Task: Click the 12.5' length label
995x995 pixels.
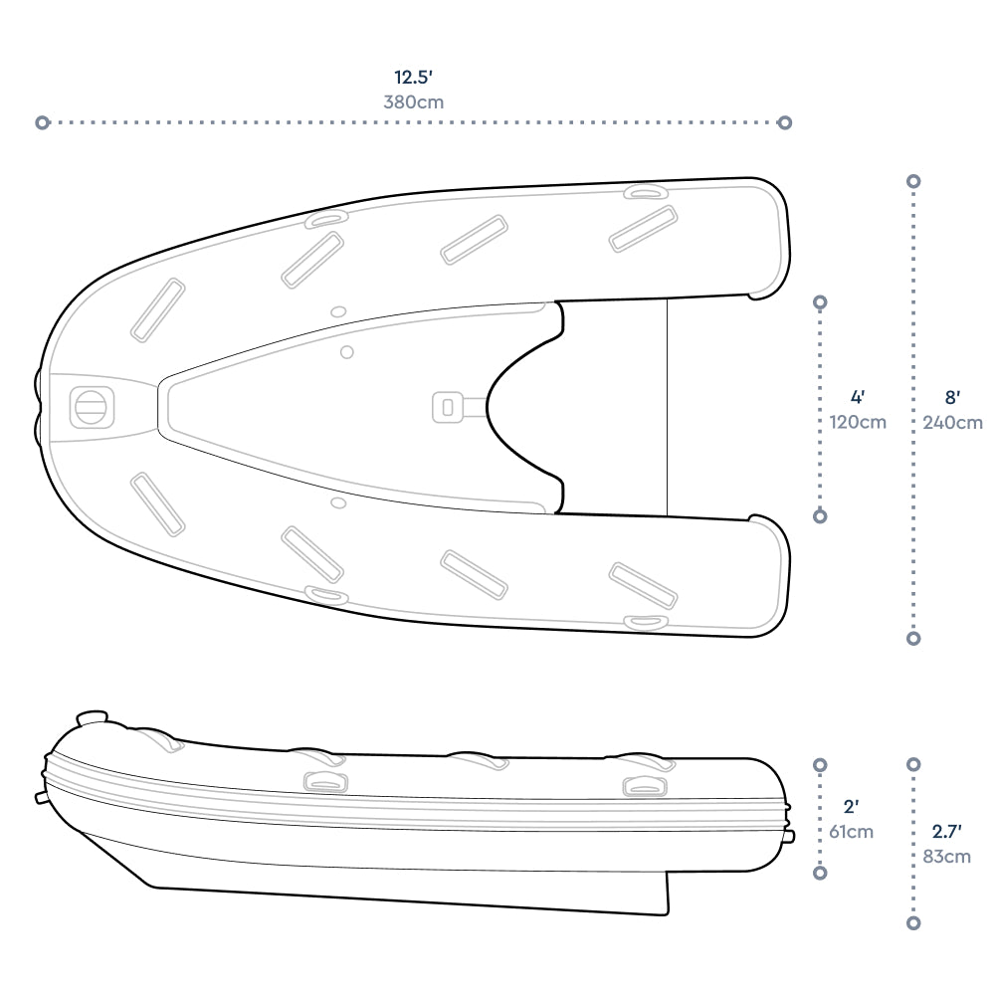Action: point(414,77)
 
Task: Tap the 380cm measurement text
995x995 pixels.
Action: point(414,101)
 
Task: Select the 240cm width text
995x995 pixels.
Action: point(952,422)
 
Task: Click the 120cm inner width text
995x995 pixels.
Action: point(858,422)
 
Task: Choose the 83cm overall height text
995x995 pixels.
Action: point(944,856)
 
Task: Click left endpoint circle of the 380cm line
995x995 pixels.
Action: point(42,122)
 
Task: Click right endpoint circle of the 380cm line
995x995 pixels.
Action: point(785,122)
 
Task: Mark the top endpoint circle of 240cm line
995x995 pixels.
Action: point(913,181)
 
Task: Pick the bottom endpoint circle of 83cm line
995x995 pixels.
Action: point(913,923)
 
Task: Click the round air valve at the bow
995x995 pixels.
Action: point(90,406)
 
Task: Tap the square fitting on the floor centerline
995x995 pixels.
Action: point(447,406)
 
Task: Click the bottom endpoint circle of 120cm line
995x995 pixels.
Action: point(820,515)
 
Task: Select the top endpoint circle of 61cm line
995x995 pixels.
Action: point(820,764)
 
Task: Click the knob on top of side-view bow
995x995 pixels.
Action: point(92,716)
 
